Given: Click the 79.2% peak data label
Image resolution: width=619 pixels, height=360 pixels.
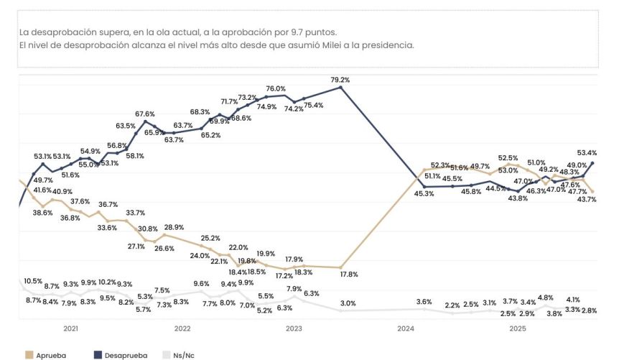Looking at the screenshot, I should point(340,80).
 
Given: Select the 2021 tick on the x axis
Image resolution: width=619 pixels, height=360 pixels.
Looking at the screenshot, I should point(70,328).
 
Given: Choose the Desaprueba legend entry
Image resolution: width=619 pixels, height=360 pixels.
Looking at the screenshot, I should point(121,354).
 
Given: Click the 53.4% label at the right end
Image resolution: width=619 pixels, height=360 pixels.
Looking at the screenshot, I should point(587,152).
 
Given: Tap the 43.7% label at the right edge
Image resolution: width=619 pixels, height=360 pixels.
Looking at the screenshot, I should point(587,199).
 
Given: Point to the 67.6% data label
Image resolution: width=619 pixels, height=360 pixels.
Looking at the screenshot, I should point(145,114).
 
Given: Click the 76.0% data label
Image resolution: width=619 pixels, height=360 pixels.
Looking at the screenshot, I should point(276,89).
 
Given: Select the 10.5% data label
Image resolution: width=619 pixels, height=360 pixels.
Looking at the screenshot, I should point(32,280).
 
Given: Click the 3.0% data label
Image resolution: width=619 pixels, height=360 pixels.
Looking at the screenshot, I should point(348,303).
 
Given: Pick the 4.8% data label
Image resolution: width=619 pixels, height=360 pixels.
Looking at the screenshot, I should point(545,297).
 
